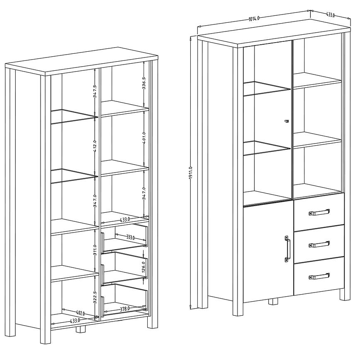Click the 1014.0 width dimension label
tap(254, 18)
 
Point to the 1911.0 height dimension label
tap(191, 174)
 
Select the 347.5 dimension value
tap(95, 91)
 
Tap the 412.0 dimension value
tap(95, 147)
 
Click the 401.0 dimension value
tap(144, 138)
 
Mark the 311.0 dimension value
tap(95, 250)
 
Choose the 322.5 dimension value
tap(95, 298)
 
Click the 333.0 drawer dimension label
tap(130, 237)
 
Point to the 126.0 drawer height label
tap(144, 267)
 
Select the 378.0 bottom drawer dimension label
tap(125, 309)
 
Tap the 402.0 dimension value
tap(80, 313)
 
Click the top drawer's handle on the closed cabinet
tap(319, 212)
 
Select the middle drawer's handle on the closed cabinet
tap(319, 245)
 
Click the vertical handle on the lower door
tap(288, 249)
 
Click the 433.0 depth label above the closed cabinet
tap(330, 15)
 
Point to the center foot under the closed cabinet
tap(273, 302)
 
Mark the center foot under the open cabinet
tap(81, 329)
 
